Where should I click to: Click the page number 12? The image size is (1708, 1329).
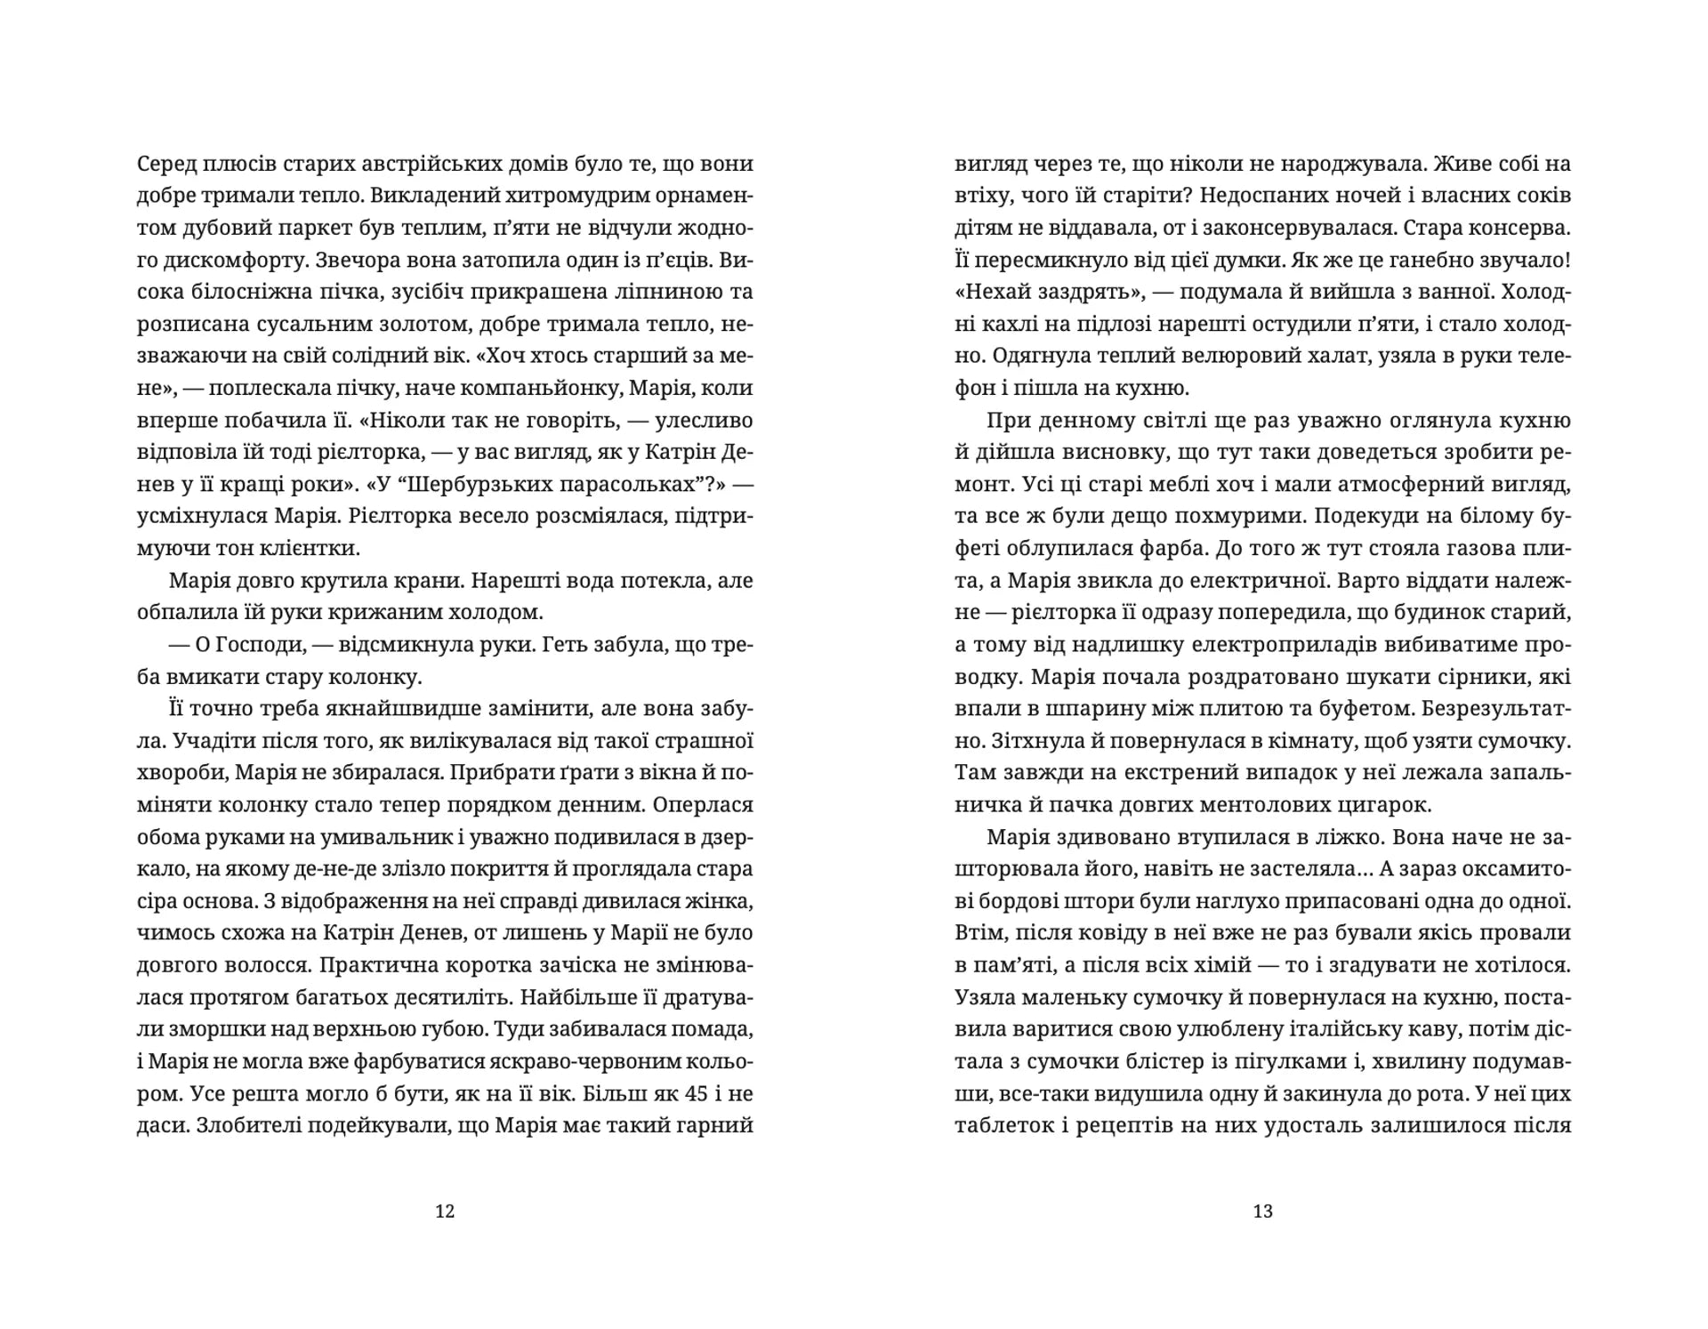(445, 1211)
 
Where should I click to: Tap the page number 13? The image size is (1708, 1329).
(1262, 1211)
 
